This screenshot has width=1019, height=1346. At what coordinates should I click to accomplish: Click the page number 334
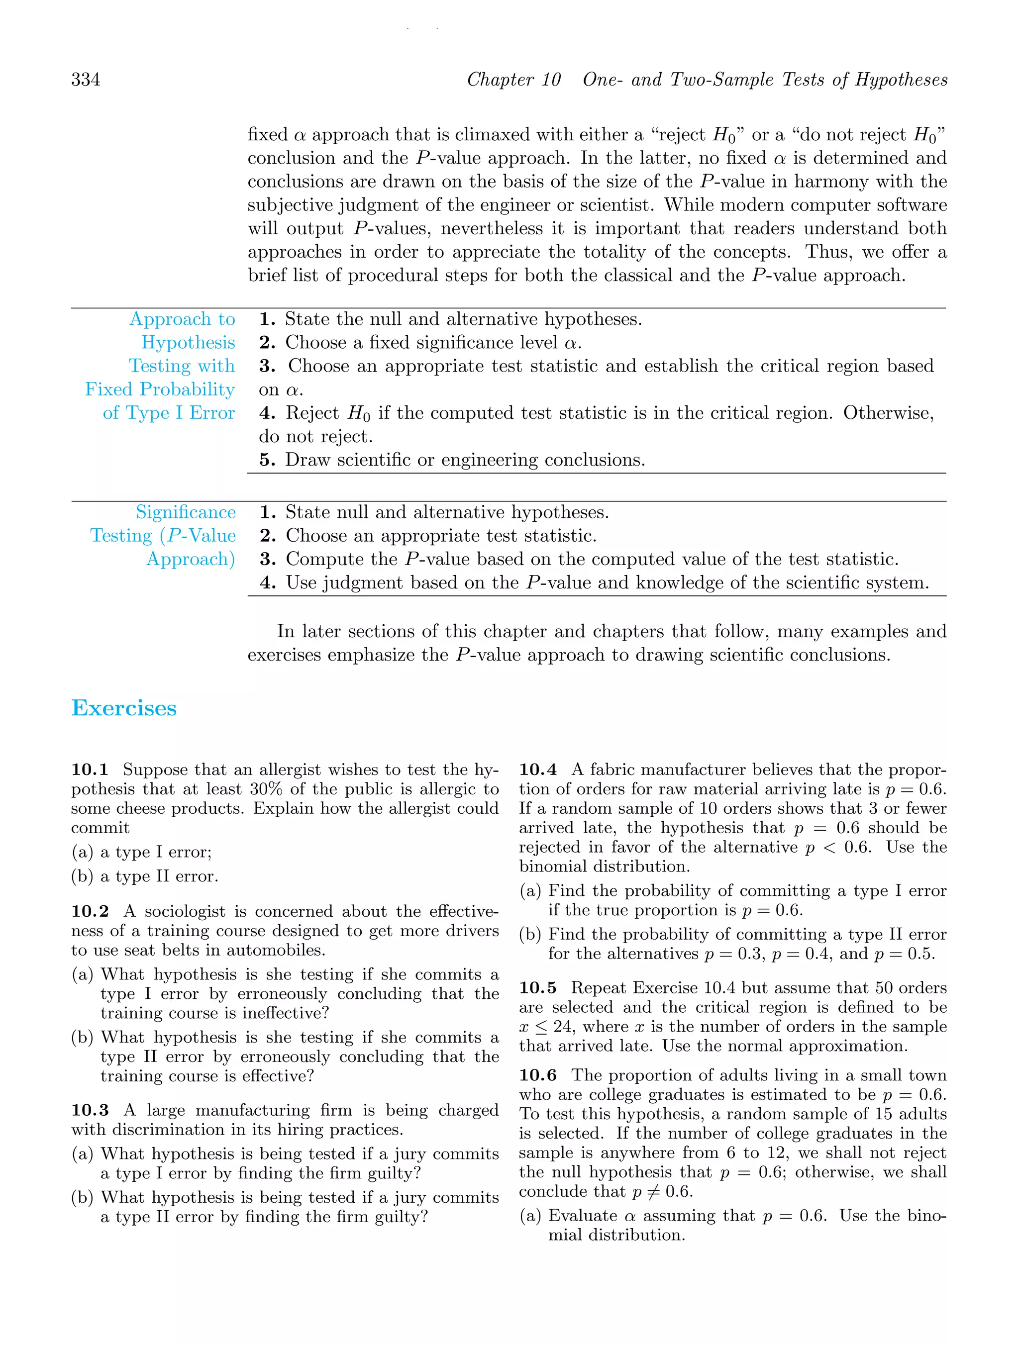[x=86, y=80]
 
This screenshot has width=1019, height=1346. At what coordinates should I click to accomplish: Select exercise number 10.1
[x=90, y=770]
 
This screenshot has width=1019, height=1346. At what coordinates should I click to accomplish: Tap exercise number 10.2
[x=90, y=912]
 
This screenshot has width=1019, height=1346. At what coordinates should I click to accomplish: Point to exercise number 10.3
[x=90, y=1111]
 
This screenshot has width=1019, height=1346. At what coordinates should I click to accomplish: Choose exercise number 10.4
[x=537, y=770]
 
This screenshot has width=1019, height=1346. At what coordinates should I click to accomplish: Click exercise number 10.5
[x=537, y=988]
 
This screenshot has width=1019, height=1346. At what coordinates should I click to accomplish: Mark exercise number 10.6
[x=537, y=1076]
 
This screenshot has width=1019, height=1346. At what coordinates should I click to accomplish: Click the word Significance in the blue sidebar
[x=186, y=512]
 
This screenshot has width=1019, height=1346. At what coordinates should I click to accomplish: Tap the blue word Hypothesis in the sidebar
[x=188, y=343]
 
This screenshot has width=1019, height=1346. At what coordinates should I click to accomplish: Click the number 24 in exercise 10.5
[x=563, y=1027]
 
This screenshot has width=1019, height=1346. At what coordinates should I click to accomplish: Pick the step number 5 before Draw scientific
[x=267, y=460]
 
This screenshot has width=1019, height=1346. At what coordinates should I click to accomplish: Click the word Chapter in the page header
[x=500, y=80]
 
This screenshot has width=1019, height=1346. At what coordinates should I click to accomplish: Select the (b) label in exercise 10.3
[x=83, y=1198]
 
